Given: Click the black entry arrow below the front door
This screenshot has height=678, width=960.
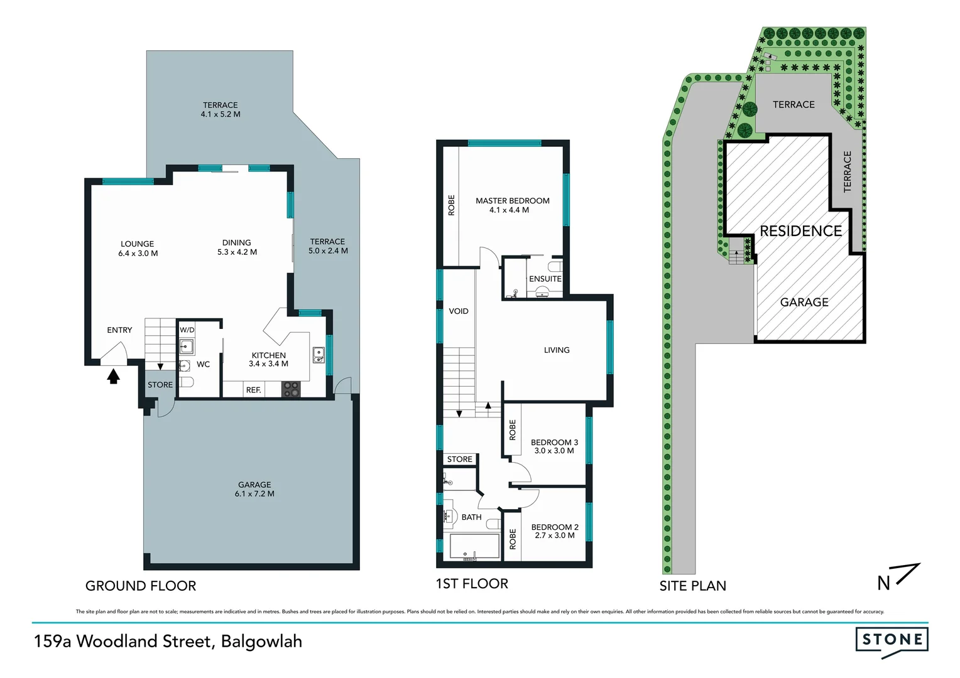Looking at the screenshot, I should [113, 376].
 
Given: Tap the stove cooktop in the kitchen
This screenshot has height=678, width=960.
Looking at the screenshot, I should [291, 389].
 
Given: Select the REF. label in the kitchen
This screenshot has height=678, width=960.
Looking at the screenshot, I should [253, 390].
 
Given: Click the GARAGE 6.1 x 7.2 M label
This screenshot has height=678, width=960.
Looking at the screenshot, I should [254, 489].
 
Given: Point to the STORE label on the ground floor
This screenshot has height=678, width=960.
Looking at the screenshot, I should [160, 385].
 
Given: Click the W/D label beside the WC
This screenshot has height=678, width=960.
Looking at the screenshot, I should [187, 330].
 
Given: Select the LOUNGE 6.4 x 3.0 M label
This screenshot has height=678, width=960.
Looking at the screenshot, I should [138, 249].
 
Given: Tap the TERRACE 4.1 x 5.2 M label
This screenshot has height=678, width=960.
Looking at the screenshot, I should [221, 110].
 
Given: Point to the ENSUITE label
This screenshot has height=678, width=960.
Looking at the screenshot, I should [545, 279].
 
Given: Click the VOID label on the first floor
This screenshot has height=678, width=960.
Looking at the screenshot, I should [459, 311].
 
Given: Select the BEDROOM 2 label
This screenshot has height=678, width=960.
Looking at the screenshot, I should [555, 531].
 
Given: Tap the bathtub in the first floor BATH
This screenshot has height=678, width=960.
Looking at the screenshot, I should [474, 547].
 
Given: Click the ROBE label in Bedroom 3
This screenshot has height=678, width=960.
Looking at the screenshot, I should [513, 430].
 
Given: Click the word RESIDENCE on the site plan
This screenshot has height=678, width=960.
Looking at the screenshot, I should [800, 231].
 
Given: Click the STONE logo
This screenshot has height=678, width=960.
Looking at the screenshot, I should [892, 640].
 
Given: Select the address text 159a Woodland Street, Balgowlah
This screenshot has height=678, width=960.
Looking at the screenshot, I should [168, 642].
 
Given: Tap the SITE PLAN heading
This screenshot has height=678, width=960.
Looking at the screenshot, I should [692, 586].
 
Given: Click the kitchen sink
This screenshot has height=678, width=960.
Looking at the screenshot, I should [319, 355].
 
